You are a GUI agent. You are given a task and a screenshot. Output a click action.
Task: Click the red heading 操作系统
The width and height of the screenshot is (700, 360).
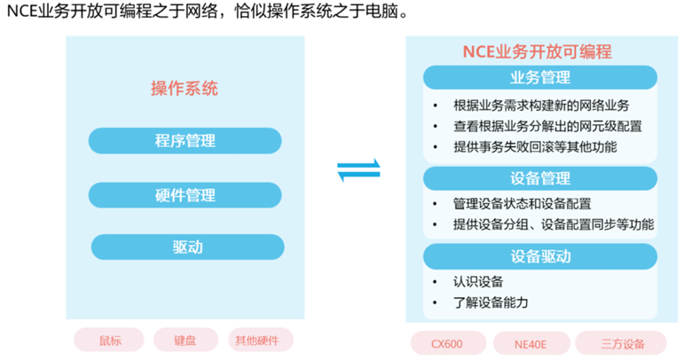(185, 89)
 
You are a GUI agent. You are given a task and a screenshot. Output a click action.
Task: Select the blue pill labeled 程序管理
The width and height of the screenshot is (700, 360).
(185, 141)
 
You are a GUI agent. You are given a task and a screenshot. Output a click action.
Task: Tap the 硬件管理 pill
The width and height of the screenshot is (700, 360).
(185, 195)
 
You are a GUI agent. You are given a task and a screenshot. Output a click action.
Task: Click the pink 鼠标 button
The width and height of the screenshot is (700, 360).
(110, 340)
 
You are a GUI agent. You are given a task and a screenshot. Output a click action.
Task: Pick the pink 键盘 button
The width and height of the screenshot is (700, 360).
(185, 340)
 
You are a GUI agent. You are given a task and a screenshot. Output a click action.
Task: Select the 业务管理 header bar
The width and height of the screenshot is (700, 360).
(540, 77)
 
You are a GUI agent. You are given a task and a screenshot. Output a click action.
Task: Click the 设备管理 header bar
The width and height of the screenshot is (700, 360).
(540, 178)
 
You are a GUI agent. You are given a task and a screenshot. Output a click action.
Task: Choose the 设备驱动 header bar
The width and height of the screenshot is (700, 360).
(540, 257)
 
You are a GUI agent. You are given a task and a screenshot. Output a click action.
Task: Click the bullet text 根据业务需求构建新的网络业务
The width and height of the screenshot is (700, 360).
(541, 104)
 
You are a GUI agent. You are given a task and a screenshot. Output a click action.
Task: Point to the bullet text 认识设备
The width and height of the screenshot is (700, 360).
(477, 282)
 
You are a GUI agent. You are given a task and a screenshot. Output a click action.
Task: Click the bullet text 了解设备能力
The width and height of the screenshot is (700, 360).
(490, 303)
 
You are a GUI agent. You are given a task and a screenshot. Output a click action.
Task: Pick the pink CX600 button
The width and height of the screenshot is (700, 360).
(447, 343)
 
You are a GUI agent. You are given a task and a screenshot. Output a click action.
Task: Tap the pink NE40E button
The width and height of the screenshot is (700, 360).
(530, 343)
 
